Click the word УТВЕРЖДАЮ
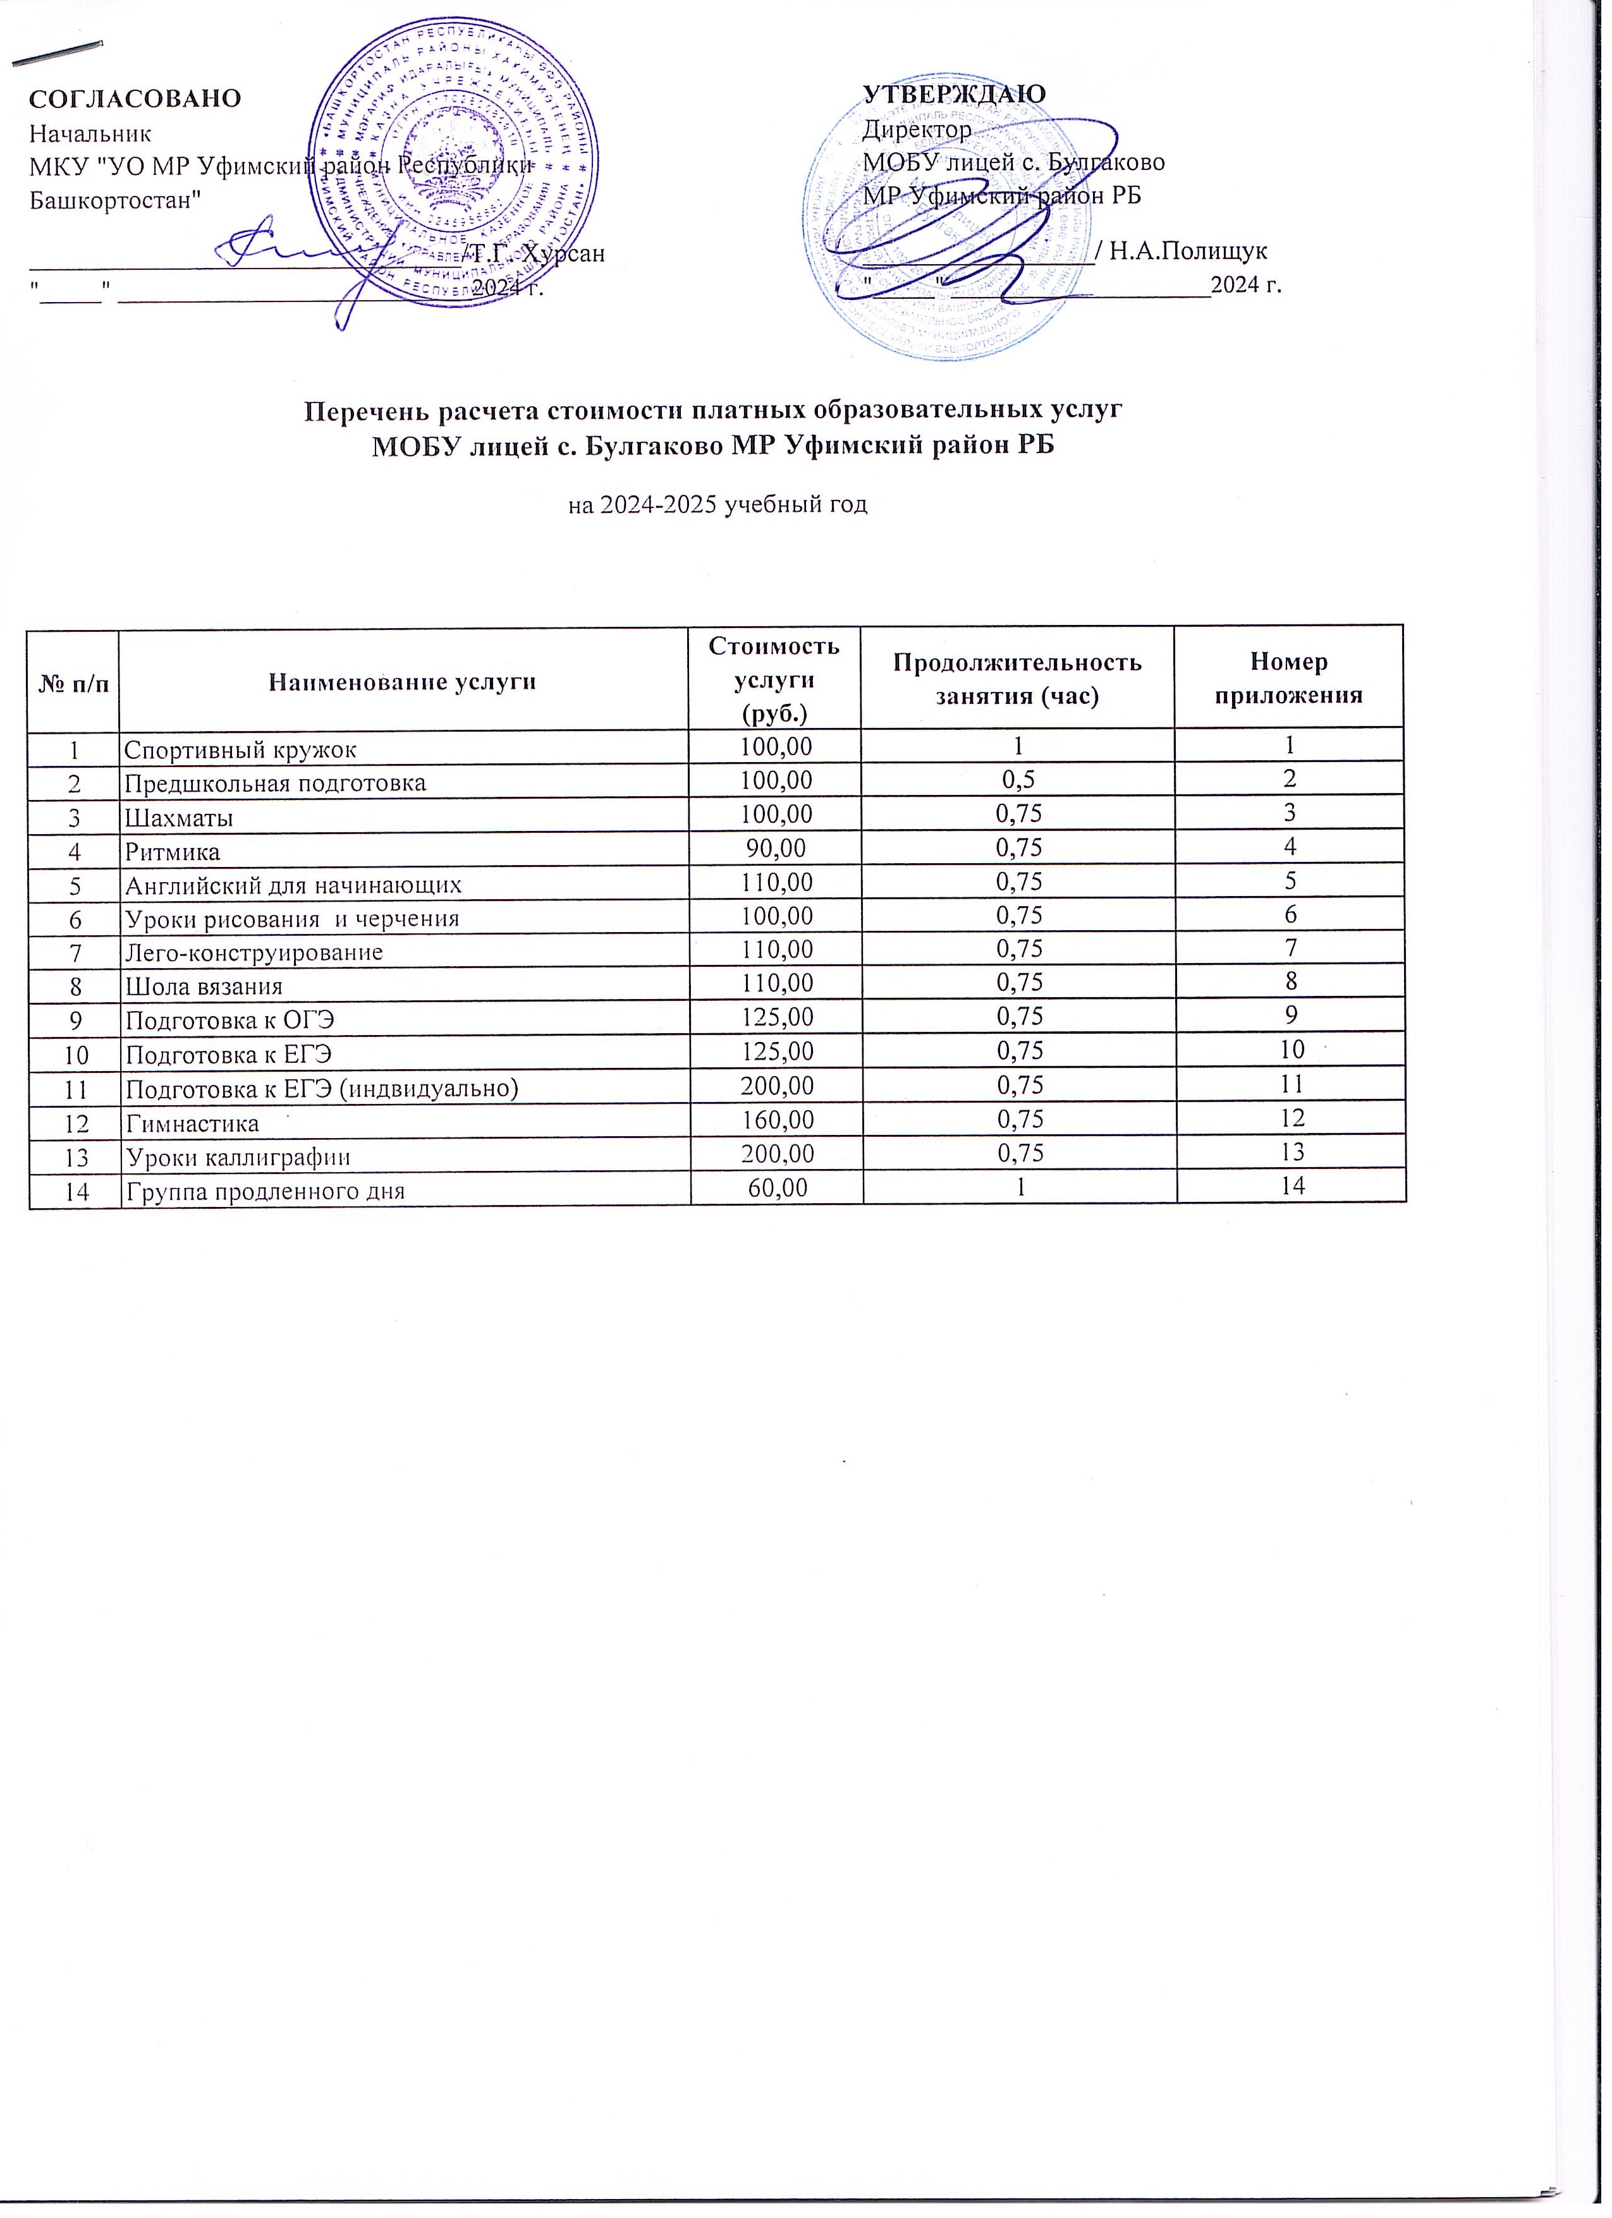pos(954,94)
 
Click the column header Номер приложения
pos(1288,677)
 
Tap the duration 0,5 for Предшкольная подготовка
pos(1017,782)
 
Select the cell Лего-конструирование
pos(253,952)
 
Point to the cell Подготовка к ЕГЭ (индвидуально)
pos(321,1086)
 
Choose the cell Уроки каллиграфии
pos(238,1157)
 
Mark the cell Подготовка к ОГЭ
pos(230,1020)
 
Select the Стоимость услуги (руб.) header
pos(774,679)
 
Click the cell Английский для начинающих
pos(293,885)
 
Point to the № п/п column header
pos(73,682)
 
